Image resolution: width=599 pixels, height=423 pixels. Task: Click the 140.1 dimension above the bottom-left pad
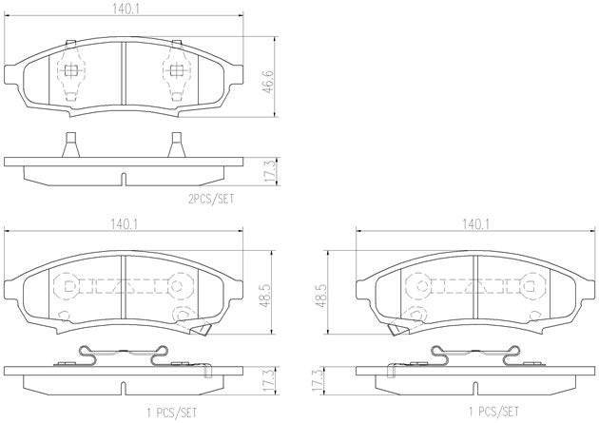tap(123, 225)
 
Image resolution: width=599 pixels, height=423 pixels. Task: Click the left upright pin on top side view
tap(70, 145)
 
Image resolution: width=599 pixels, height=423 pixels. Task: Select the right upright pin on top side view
tap(176, 145)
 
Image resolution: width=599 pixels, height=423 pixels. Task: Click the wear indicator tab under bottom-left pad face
tap(202, 329)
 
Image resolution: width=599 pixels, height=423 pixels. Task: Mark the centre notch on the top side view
tap(123, 179)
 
